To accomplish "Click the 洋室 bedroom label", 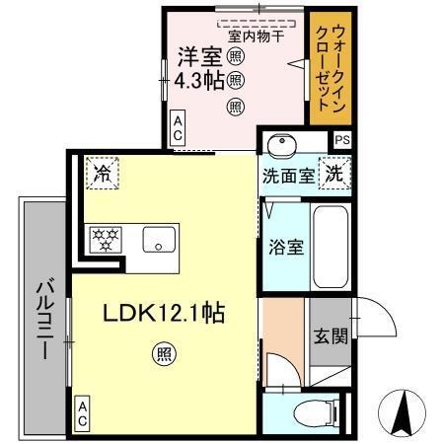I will point(197,54).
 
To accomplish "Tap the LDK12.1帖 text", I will point(165,314).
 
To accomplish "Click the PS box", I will point(341,141).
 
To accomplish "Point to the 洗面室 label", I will point(288,176).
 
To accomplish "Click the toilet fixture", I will point(305,415).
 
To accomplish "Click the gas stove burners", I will point(104,238).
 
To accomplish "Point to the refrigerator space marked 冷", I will point(102,174).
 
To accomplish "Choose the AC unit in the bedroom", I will point(178,128).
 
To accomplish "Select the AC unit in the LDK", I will point(82,415).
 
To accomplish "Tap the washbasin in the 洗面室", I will point(282,144).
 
